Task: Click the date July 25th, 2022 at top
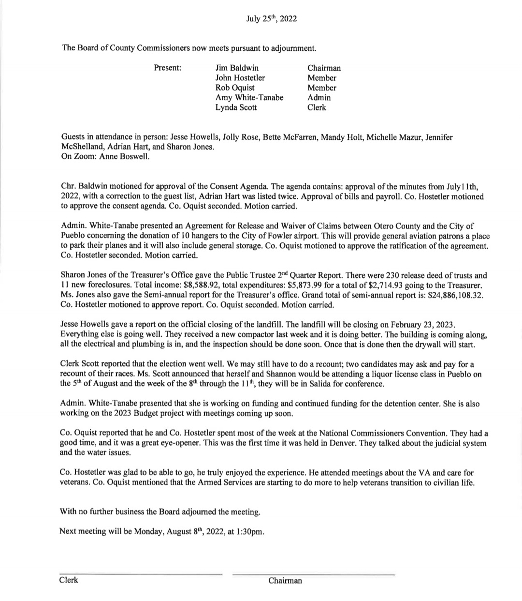(x=271, y=19)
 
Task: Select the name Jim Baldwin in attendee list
(x=237, y=68)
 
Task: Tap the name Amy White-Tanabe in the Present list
(x=249, y=98)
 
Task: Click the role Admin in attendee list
(x=319, y=98)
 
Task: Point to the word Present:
(x=167, y=68)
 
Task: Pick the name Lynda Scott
(x=236, y=107)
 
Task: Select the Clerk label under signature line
(x=69, y=580)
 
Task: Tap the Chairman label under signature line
(x=285, y=581)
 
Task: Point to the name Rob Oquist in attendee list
(x=235, y=88)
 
